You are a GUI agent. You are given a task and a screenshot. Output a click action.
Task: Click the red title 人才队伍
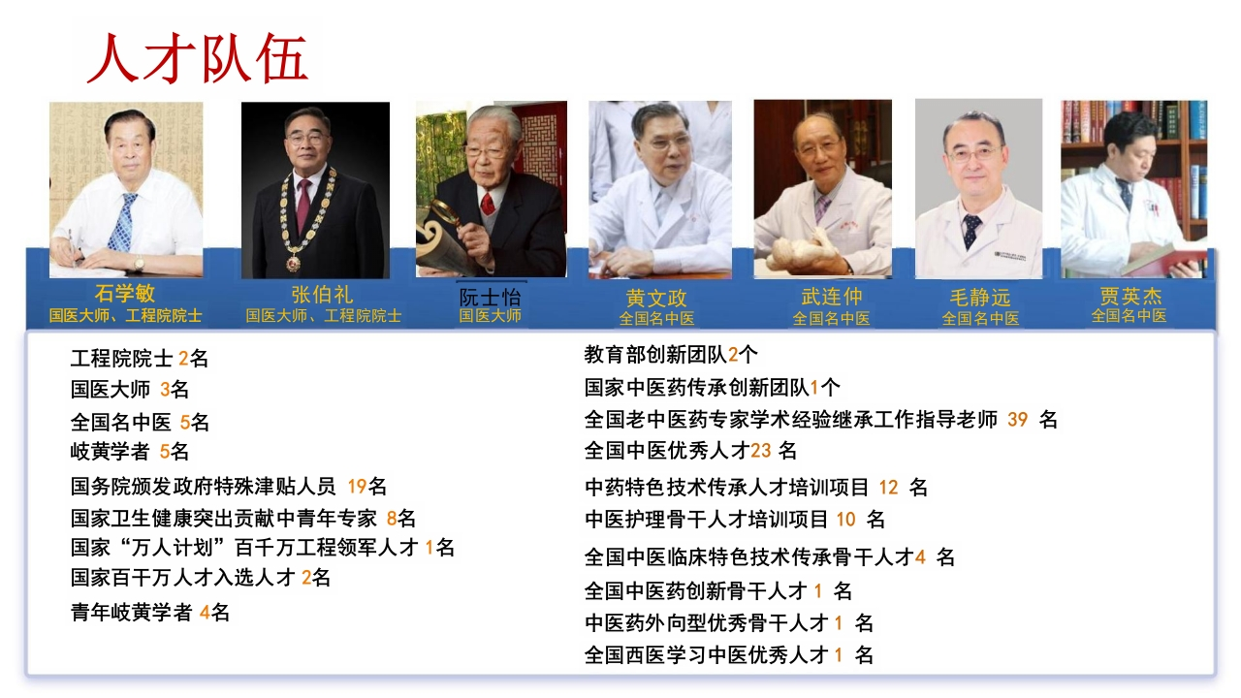[x=197, y=57]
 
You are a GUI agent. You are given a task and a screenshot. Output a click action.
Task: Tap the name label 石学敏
[x=125, y=293]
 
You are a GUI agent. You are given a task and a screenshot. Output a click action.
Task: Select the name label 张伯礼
[x=322, y=294]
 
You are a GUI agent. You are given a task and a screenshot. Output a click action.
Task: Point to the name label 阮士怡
[x=491, y=297]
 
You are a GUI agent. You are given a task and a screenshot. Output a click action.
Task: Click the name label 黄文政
[x=656, y=299]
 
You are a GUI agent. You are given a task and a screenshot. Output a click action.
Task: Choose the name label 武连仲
[x=832, y=297]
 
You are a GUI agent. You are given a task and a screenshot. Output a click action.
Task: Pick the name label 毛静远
[x=980, y=298]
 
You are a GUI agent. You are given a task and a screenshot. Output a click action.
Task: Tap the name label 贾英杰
[x=1130, y=296]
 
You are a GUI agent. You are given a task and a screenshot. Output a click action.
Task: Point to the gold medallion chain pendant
[x=293, y=262]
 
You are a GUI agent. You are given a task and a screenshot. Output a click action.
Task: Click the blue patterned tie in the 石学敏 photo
[x=123, y=222]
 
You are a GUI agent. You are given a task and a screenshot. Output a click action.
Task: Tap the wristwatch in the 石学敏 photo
[x=139, y=264]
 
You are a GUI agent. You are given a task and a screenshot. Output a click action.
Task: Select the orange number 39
[x=1017, y=420]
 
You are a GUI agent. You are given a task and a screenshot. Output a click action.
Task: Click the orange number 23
[x=761, y=451]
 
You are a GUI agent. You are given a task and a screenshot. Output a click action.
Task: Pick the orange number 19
[x=358, y=487]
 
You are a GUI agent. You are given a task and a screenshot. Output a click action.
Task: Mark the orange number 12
[x=889, y=488]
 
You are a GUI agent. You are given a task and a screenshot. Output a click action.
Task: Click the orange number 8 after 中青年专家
[x=392, y=519]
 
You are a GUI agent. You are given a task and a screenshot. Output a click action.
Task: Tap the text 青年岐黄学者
[x=131, y=613]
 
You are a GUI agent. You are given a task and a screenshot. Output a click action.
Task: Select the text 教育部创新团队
[x=655, y=355]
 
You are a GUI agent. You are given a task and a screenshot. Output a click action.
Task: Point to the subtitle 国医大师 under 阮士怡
[x=491, y=316]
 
